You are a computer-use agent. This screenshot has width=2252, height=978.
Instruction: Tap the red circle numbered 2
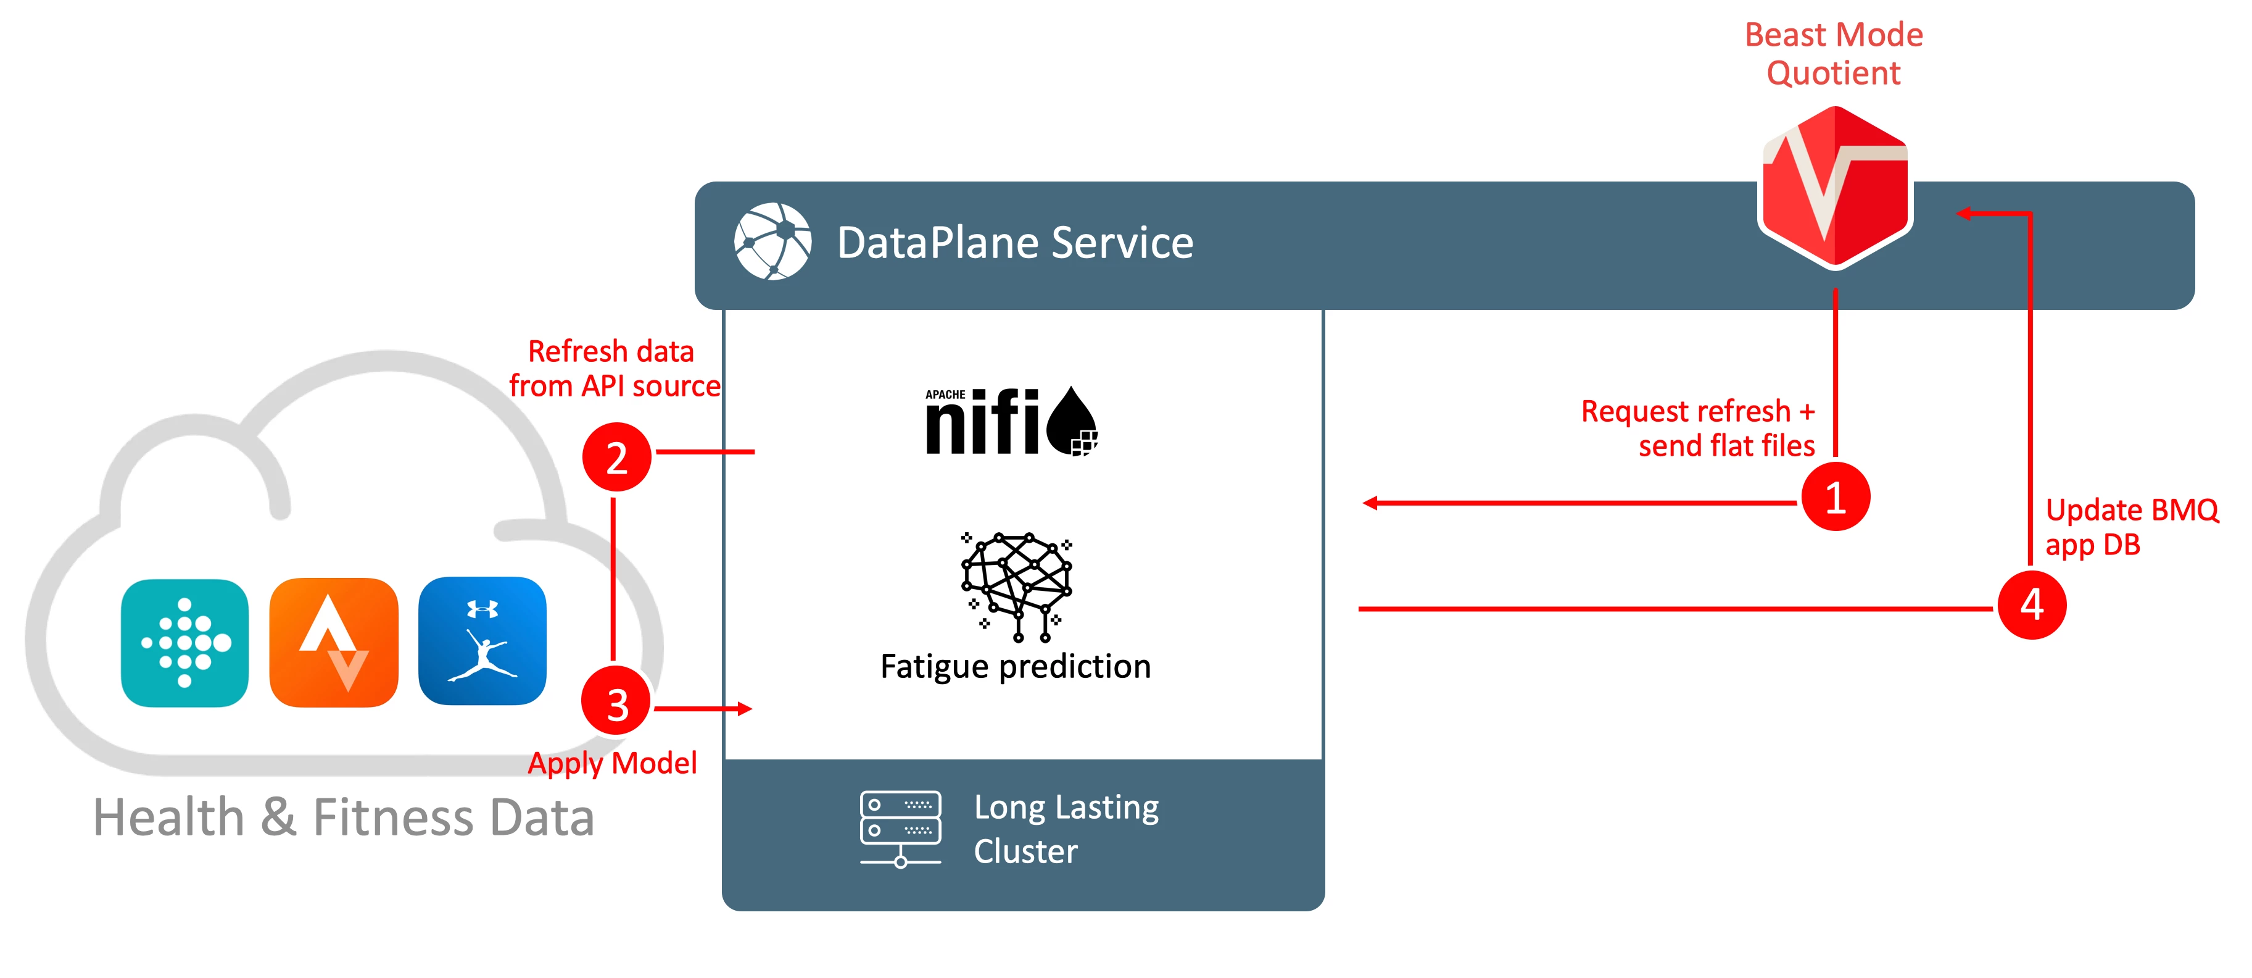pyautogui.click(x=616, y=457)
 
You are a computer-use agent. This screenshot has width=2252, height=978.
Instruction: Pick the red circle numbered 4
pyautogui.click(x=2032, y=604)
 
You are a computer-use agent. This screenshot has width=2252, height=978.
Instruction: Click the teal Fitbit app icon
pyautogui.click(x=184, y=643)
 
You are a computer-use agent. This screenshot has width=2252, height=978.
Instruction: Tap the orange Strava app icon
pyautogui.click(x=334, y=643)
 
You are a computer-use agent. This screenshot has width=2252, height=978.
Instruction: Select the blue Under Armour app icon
pyautogui.click(x=482, y=642)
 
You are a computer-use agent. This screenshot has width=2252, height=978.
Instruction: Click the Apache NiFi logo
pyautogui.click(x=1011, y=420)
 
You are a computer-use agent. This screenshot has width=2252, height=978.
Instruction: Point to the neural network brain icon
pyautogui.click(x=1017, y=586)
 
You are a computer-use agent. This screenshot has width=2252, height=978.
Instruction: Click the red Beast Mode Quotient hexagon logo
pyautogui.click(x=1835, y=186)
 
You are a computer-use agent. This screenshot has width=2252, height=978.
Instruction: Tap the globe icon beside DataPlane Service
pyautogui.click(x=773, y=241)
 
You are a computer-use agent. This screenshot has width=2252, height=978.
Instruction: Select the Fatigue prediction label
pyautogui.click(x=1016, y=667)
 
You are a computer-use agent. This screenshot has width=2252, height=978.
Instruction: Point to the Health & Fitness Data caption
pyautogui.click(x=344, y=818)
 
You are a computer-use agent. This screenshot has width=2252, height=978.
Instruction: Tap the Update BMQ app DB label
pyautogui.click(x=2131, y=527)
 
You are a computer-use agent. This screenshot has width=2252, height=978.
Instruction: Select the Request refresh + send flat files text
pyautogui.click(x=1698, y=428)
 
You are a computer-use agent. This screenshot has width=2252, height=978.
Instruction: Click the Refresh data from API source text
pyautogui.click(x=615, y=368)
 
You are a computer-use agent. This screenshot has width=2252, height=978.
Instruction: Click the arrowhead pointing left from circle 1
pyautogui.click(x=1370, y=503)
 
